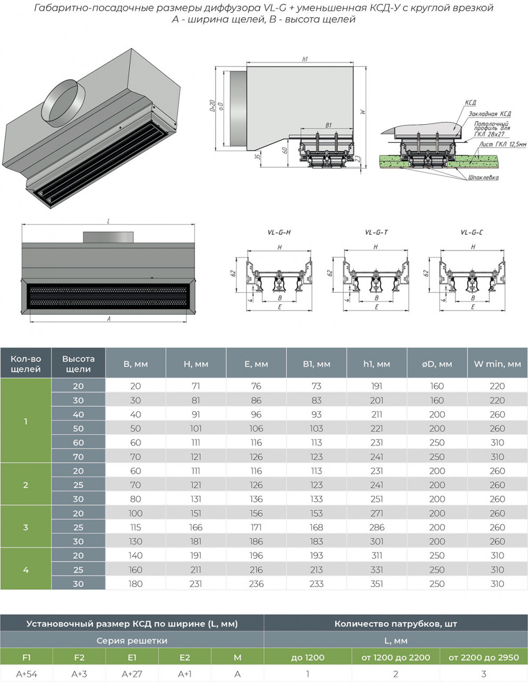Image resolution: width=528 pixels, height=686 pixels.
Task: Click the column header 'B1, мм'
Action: tap(316, 364)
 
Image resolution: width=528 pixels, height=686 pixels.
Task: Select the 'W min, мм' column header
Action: tap(497, 364)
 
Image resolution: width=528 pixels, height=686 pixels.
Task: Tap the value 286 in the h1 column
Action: tap(376, 527)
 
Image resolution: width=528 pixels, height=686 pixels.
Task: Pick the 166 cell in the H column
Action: tap(196, 527)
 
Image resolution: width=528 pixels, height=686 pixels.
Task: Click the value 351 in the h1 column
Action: tap(376, 584)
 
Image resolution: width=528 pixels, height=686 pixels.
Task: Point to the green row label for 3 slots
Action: tap(26, 527)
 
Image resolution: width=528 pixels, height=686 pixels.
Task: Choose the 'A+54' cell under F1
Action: tap(27, 674)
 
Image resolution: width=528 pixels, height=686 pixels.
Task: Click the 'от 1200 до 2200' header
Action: tap(395, 657)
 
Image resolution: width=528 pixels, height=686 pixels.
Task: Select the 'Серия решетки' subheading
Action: tap(131, 641)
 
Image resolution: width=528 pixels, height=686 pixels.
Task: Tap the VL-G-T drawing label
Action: tap(376, 233)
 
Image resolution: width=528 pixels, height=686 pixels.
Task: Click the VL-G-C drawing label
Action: tap(472, 233)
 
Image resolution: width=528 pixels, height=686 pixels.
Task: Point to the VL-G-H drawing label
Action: tap(279, 233)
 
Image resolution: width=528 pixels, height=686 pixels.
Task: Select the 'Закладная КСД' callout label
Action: tap(489, 114)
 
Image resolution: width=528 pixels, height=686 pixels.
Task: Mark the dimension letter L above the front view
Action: tap(109, 221)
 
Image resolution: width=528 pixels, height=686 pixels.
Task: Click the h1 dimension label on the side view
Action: tap(304, 60)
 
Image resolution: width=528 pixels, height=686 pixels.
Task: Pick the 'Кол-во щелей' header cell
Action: tap(26, 364)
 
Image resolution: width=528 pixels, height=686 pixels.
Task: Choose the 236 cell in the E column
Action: tap(256, 584)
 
